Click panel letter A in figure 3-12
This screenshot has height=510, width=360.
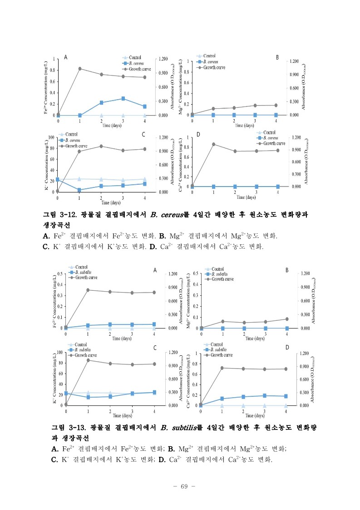click(x=66, y=57)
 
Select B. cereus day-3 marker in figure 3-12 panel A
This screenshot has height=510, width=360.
click(x=123, y=98)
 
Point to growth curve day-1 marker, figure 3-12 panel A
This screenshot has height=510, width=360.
click(x=80, y=69)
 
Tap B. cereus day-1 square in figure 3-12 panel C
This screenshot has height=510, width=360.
click(x=79, y=190)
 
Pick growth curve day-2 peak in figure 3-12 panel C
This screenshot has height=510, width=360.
click(x=101, y=146)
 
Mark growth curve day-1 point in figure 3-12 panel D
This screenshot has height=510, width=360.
click(x=214, y=144)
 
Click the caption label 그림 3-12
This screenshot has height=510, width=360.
click(x=62, y=215)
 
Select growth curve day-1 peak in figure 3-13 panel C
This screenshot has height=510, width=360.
click(x=88, y=360)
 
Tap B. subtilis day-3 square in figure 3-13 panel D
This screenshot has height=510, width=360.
click(x=265, y=395)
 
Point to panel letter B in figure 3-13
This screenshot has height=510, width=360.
click(x=287, y=270)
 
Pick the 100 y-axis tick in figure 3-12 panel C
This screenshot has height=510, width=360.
click(x=51, y=137)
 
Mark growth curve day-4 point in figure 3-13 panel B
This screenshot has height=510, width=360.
click(x=287, y=319)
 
